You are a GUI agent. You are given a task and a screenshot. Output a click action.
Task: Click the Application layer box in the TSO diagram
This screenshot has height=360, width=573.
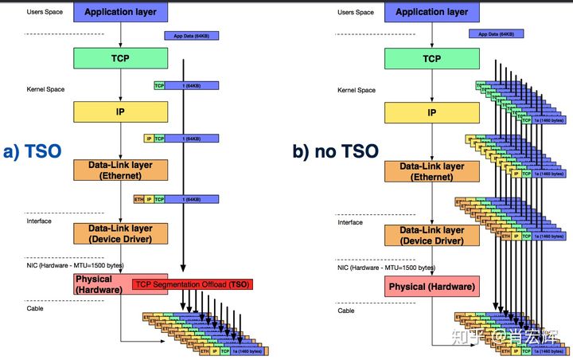click(120, 12)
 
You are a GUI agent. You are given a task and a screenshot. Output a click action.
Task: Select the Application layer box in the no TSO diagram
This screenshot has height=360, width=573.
click(431, 12)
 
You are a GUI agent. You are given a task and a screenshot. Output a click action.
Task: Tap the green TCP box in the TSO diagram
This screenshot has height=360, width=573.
click(120, 58)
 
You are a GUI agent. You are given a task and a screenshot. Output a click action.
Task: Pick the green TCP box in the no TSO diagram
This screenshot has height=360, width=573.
click(431, 58)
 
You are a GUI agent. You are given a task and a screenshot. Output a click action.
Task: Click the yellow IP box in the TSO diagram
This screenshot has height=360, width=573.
click(120, 113)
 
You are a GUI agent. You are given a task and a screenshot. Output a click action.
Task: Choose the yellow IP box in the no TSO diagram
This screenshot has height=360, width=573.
click(431, 113)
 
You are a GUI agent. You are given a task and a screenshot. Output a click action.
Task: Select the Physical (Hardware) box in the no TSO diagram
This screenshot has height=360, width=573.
click(431, 285)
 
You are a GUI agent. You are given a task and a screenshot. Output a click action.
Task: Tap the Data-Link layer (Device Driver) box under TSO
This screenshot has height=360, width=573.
click(120, 233)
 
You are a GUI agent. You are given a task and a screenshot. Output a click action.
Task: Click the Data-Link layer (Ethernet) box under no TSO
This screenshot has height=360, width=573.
click(431, 171)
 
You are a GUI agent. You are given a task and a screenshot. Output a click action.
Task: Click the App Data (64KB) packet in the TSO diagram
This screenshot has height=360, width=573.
click(191, 35)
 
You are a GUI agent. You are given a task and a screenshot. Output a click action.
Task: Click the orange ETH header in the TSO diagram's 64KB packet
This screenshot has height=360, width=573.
click(138, 199)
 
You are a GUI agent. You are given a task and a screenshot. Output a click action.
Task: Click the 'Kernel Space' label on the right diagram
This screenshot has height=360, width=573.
click(355, 90)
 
